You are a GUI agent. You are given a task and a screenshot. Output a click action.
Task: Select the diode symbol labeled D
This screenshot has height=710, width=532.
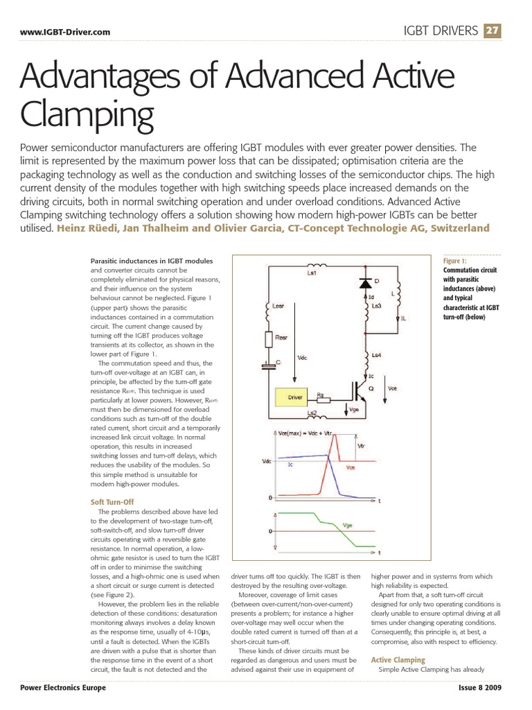pos(364,283)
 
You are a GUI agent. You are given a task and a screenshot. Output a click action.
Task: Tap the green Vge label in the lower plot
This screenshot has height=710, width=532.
pos(348,526)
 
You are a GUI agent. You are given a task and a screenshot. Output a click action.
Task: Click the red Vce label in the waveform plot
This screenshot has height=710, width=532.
pos(351,468)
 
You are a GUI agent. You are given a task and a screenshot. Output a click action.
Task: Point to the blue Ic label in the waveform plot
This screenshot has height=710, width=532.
pos(291,465)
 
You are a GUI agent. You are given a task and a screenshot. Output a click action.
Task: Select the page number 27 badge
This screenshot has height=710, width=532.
pos(493,31)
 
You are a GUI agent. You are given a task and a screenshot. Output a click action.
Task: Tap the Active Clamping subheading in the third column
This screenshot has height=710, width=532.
pos(398,659)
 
